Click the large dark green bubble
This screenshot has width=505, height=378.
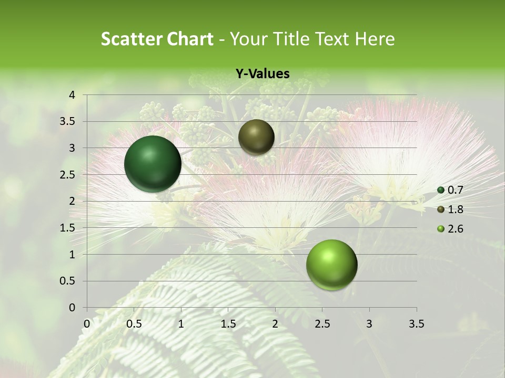[153, 164]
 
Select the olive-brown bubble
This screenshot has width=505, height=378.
[256, 136]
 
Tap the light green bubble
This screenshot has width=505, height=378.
[331, 265]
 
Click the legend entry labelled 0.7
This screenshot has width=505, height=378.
[451, 191]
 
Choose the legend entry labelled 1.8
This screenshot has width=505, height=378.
[451, 209]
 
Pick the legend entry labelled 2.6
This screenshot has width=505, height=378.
[451, 229]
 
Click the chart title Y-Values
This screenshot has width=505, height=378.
[262, 74]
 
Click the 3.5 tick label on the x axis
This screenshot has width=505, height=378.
[416, 324]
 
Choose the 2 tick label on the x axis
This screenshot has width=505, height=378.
[275, 324]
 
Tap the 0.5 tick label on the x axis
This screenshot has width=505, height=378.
[134, 324]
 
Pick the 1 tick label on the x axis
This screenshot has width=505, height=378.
[181, 324]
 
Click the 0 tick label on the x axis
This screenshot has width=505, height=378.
[87, 324]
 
